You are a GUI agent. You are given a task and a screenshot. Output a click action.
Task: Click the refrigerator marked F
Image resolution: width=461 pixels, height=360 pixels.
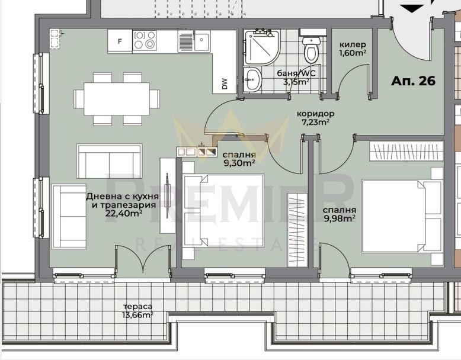tap(120, 41)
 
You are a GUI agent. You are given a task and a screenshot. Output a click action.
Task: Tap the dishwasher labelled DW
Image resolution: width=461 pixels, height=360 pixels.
tap(225, 83)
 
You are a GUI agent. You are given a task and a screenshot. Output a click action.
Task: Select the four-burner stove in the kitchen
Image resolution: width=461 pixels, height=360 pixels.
tap(145, 40)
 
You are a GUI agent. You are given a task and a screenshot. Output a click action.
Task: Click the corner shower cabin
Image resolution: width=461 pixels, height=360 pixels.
tap(261, 47)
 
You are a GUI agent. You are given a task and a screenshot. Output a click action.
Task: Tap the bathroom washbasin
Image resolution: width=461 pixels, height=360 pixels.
tap(252, 79)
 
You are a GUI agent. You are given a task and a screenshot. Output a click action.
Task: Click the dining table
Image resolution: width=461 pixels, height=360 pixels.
tap(117, 99)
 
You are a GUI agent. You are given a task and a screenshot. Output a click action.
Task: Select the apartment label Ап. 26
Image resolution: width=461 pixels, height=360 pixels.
tap(413, 81)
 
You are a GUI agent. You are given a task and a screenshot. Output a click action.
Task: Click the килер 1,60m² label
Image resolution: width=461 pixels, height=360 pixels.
tap(353, 49)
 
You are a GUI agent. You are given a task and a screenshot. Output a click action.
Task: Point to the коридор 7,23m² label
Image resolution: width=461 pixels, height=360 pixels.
tap(315, 118)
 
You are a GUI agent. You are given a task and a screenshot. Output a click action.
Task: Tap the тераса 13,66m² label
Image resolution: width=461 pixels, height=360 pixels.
tap(138, 311)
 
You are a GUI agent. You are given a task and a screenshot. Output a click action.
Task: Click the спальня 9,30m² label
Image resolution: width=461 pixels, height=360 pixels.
tap(239, 159)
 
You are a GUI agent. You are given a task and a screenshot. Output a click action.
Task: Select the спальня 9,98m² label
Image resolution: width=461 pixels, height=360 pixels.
tap(340, 214)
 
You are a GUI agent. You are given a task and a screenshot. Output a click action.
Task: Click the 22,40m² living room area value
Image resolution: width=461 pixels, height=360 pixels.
tap(124, 213)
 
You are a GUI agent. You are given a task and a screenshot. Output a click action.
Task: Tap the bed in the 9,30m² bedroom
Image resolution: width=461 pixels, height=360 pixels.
tap(223, 210)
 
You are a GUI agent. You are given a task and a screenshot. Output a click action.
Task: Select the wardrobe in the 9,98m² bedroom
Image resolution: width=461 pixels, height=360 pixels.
tap(406, 151)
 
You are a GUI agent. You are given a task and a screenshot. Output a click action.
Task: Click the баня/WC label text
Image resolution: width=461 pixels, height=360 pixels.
tap(296, 73)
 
